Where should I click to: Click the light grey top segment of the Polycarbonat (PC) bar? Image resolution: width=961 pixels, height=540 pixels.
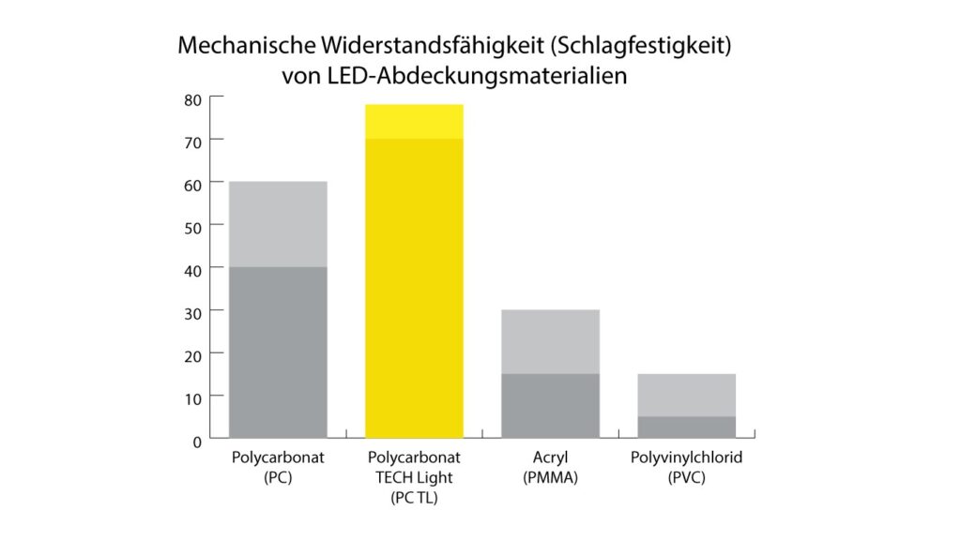tap(278, 224)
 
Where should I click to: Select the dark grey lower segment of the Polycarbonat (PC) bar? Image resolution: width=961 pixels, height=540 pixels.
tap(278, 352)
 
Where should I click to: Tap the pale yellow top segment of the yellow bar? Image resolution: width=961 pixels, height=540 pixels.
tap(414, 121)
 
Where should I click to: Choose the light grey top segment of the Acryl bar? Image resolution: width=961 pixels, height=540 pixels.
tap(550, 341)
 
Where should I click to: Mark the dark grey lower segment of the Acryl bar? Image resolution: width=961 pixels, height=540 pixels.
tap(550, 405)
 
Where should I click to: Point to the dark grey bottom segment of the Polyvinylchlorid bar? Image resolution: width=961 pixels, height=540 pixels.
tap(686, 427)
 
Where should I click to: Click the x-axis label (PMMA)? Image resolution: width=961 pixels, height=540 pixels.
tap(550, 478)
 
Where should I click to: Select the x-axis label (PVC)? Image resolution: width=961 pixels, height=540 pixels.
tap(686, 478)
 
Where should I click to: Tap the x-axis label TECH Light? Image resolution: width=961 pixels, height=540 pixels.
tap(414, 478)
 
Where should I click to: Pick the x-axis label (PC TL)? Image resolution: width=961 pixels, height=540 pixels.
tap(414, 498)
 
